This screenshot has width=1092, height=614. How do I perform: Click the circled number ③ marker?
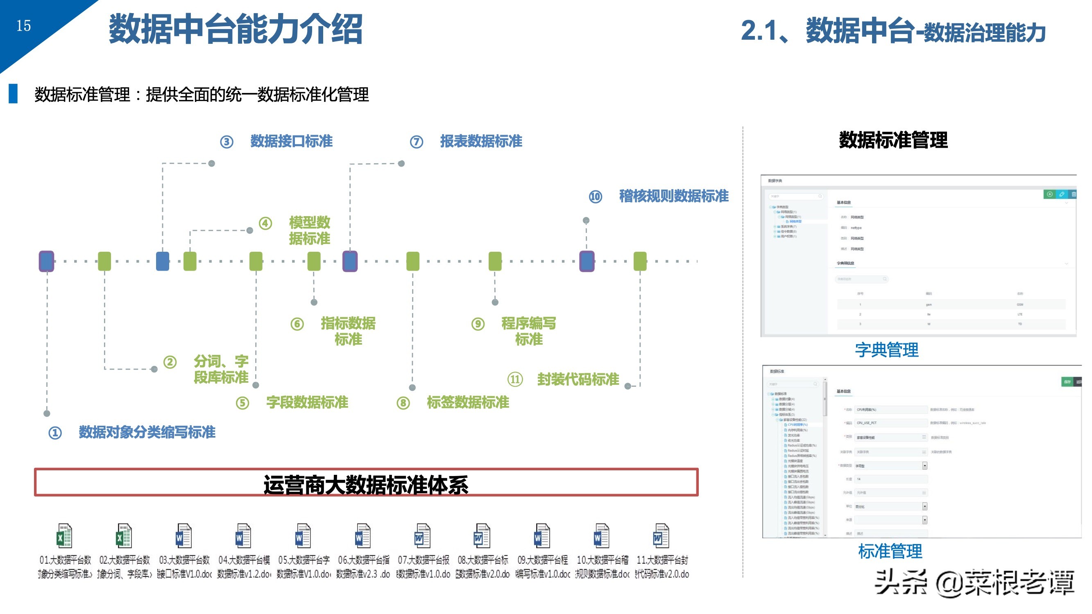227,142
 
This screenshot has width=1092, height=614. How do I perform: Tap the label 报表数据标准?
481,141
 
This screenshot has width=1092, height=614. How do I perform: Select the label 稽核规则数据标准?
674,196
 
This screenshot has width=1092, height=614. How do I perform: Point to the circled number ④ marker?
265,223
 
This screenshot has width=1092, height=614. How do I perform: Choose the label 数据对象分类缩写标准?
147,432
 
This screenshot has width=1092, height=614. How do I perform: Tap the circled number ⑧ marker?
403,403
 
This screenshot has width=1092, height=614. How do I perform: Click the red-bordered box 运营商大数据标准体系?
366,482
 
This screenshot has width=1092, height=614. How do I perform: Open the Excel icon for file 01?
64,536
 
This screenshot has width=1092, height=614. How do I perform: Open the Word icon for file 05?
303,536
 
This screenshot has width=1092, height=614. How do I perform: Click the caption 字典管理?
886,350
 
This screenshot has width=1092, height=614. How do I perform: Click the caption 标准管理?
890,551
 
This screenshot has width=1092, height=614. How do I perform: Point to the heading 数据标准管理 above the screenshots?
893,140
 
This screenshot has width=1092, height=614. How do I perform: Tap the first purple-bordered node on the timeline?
47,261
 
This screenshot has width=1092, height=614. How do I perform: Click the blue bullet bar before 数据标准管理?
13,94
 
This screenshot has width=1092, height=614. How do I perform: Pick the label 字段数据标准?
307,402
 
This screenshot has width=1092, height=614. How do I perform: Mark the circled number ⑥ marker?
297,324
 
